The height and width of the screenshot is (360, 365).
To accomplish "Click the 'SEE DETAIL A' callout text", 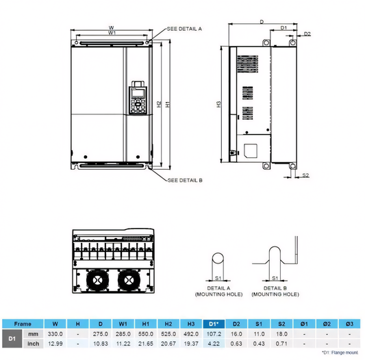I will tap(185, 29).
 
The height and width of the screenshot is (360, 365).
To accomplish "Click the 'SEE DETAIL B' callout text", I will tap(185, 180).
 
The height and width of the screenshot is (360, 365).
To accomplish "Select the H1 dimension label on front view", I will tap(168, 103).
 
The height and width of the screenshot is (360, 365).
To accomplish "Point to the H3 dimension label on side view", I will tap(218, 104).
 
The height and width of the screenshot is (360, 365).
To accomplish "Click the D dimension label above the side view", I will tap(262, 22).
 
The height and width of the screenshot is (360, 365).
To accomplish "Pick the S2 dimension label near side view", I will tap(305, 175).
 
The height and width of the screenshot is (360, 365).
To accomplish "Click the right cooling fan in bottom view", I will tap(129, 280).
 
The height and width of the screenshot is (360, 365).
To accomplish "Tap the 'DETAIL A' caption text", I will tap(218, 288).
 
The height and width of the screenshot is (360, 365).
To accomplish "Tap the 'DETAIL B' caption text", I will tap(275, 288).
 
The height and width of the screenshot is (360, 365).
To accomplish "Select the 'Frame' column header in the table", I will tap(23, 323).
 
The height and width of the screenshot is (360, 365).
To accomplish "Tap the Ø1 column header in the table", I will tap(304, 323).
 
